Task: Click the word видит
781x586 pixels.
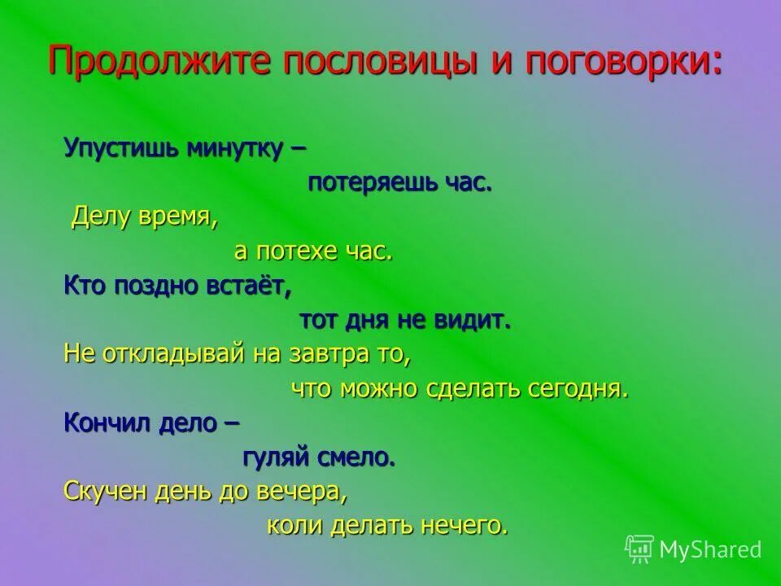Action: point(474,320)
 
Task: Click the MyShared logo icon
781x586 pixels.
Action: point(639,549)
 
